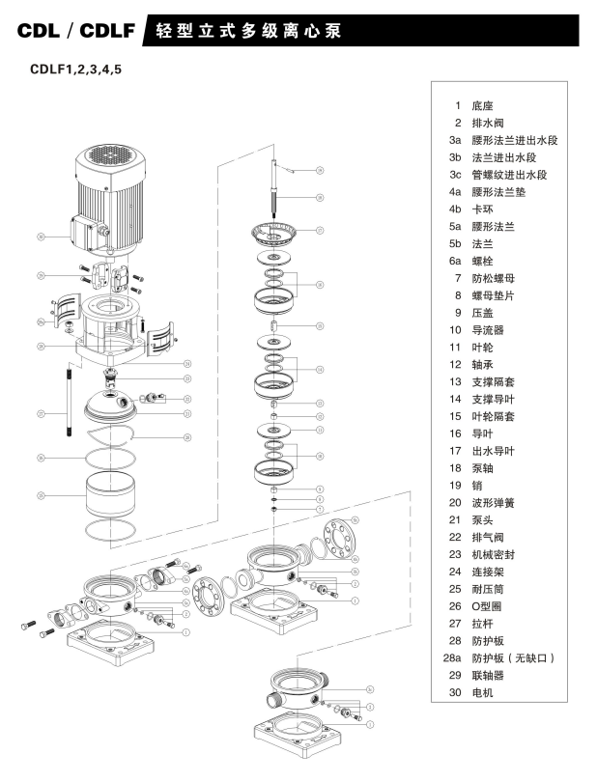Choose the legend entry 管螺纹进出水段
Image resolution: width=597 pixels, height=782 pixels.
coord(511,175)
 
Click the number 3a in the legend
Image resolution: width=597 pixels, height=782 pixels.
coord(454,140)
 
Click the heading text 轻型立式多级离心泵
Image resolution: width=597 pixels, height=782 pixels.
coord(260,32)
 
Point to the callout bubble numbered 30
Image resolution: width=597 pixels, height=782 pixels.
coord(42,236)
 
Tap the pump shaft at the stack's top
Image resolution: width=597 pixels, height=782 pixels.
coord(277,183)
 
